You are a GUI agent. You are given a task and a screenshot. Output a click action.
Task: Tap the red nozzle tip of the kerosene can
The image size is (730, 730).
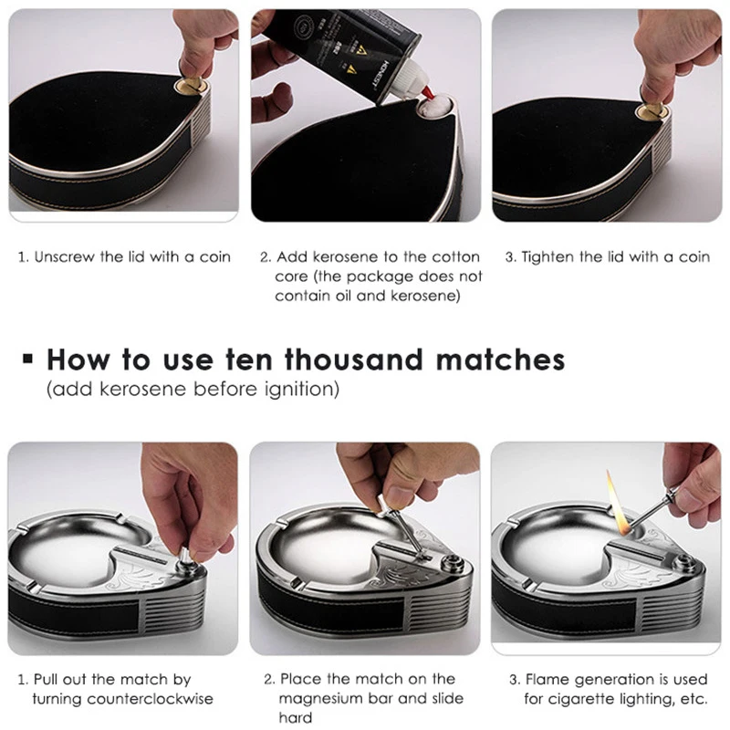click(x=429, y=95)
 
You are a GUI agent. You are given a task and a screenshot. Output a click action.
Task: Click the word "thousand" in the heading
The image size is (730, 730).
click(x=355, y=360)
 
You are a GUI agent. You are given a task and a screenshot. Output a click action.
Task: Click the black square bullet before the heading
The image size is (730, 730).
click(x=28, y=359)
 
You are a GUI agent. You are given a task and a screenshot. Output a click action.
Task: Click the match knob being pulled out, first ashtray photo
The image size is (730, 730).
click(x=185, y=557)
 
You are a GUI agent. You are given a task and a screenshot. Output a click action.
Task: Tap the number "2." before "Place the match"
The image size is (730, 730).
click(x=269, y=679)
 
